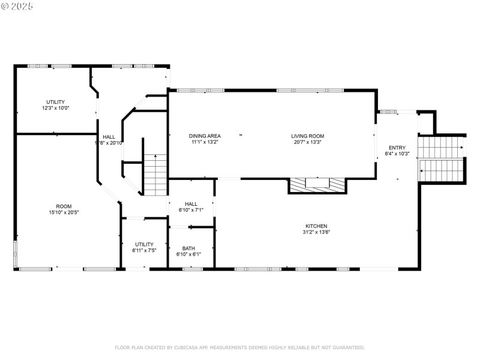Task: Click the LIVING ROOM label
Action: click(308, 136)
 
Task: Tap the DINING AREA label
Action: click(206, 136)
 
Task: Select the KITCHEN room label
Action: click(316, 226)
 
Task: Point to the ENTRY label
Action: click(397, 148)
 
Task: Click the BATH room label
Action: click(188, 248)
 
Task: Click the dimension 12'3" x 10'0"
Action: click(56, 108)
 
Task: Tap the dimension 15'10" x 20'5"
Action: click(64, 212)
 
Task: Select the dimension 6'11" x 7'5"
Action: click(144, 250)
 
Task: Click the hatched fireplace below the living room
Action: click(317, 185)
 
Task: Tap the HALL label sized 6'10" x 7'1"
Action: click(191, 203)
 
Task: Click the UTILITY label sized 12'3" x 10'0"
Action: click(56, 102)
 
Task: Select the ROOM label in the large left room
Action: click(64, 206)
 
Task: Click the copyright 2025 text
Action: click(18, 7)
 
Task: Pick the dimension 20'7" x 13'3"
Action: click(308, 142)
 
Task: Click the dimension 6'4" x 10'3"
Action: click(397, 154)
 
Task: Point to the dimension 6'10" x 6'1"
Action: click(188, 254)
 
